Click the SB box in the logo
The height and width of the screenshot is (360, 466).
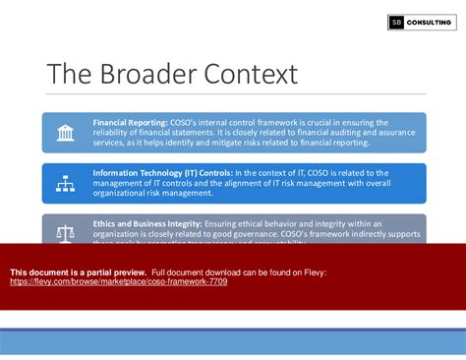coord(395,22)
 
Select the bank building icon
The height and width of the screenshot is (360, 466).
coord(66,133)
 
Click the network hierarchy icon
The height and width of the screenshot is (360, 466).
coord(66,183)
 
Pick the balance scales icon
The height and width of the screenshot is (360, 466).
coord(66,233)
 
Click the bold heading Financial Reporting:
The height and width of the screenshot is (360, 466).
coord(130,123)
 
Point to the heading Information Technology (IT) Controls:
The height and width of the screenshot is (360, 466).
coord(162,173)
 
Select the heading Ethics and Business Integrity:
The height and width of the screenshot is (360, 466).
coord(147,224)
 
